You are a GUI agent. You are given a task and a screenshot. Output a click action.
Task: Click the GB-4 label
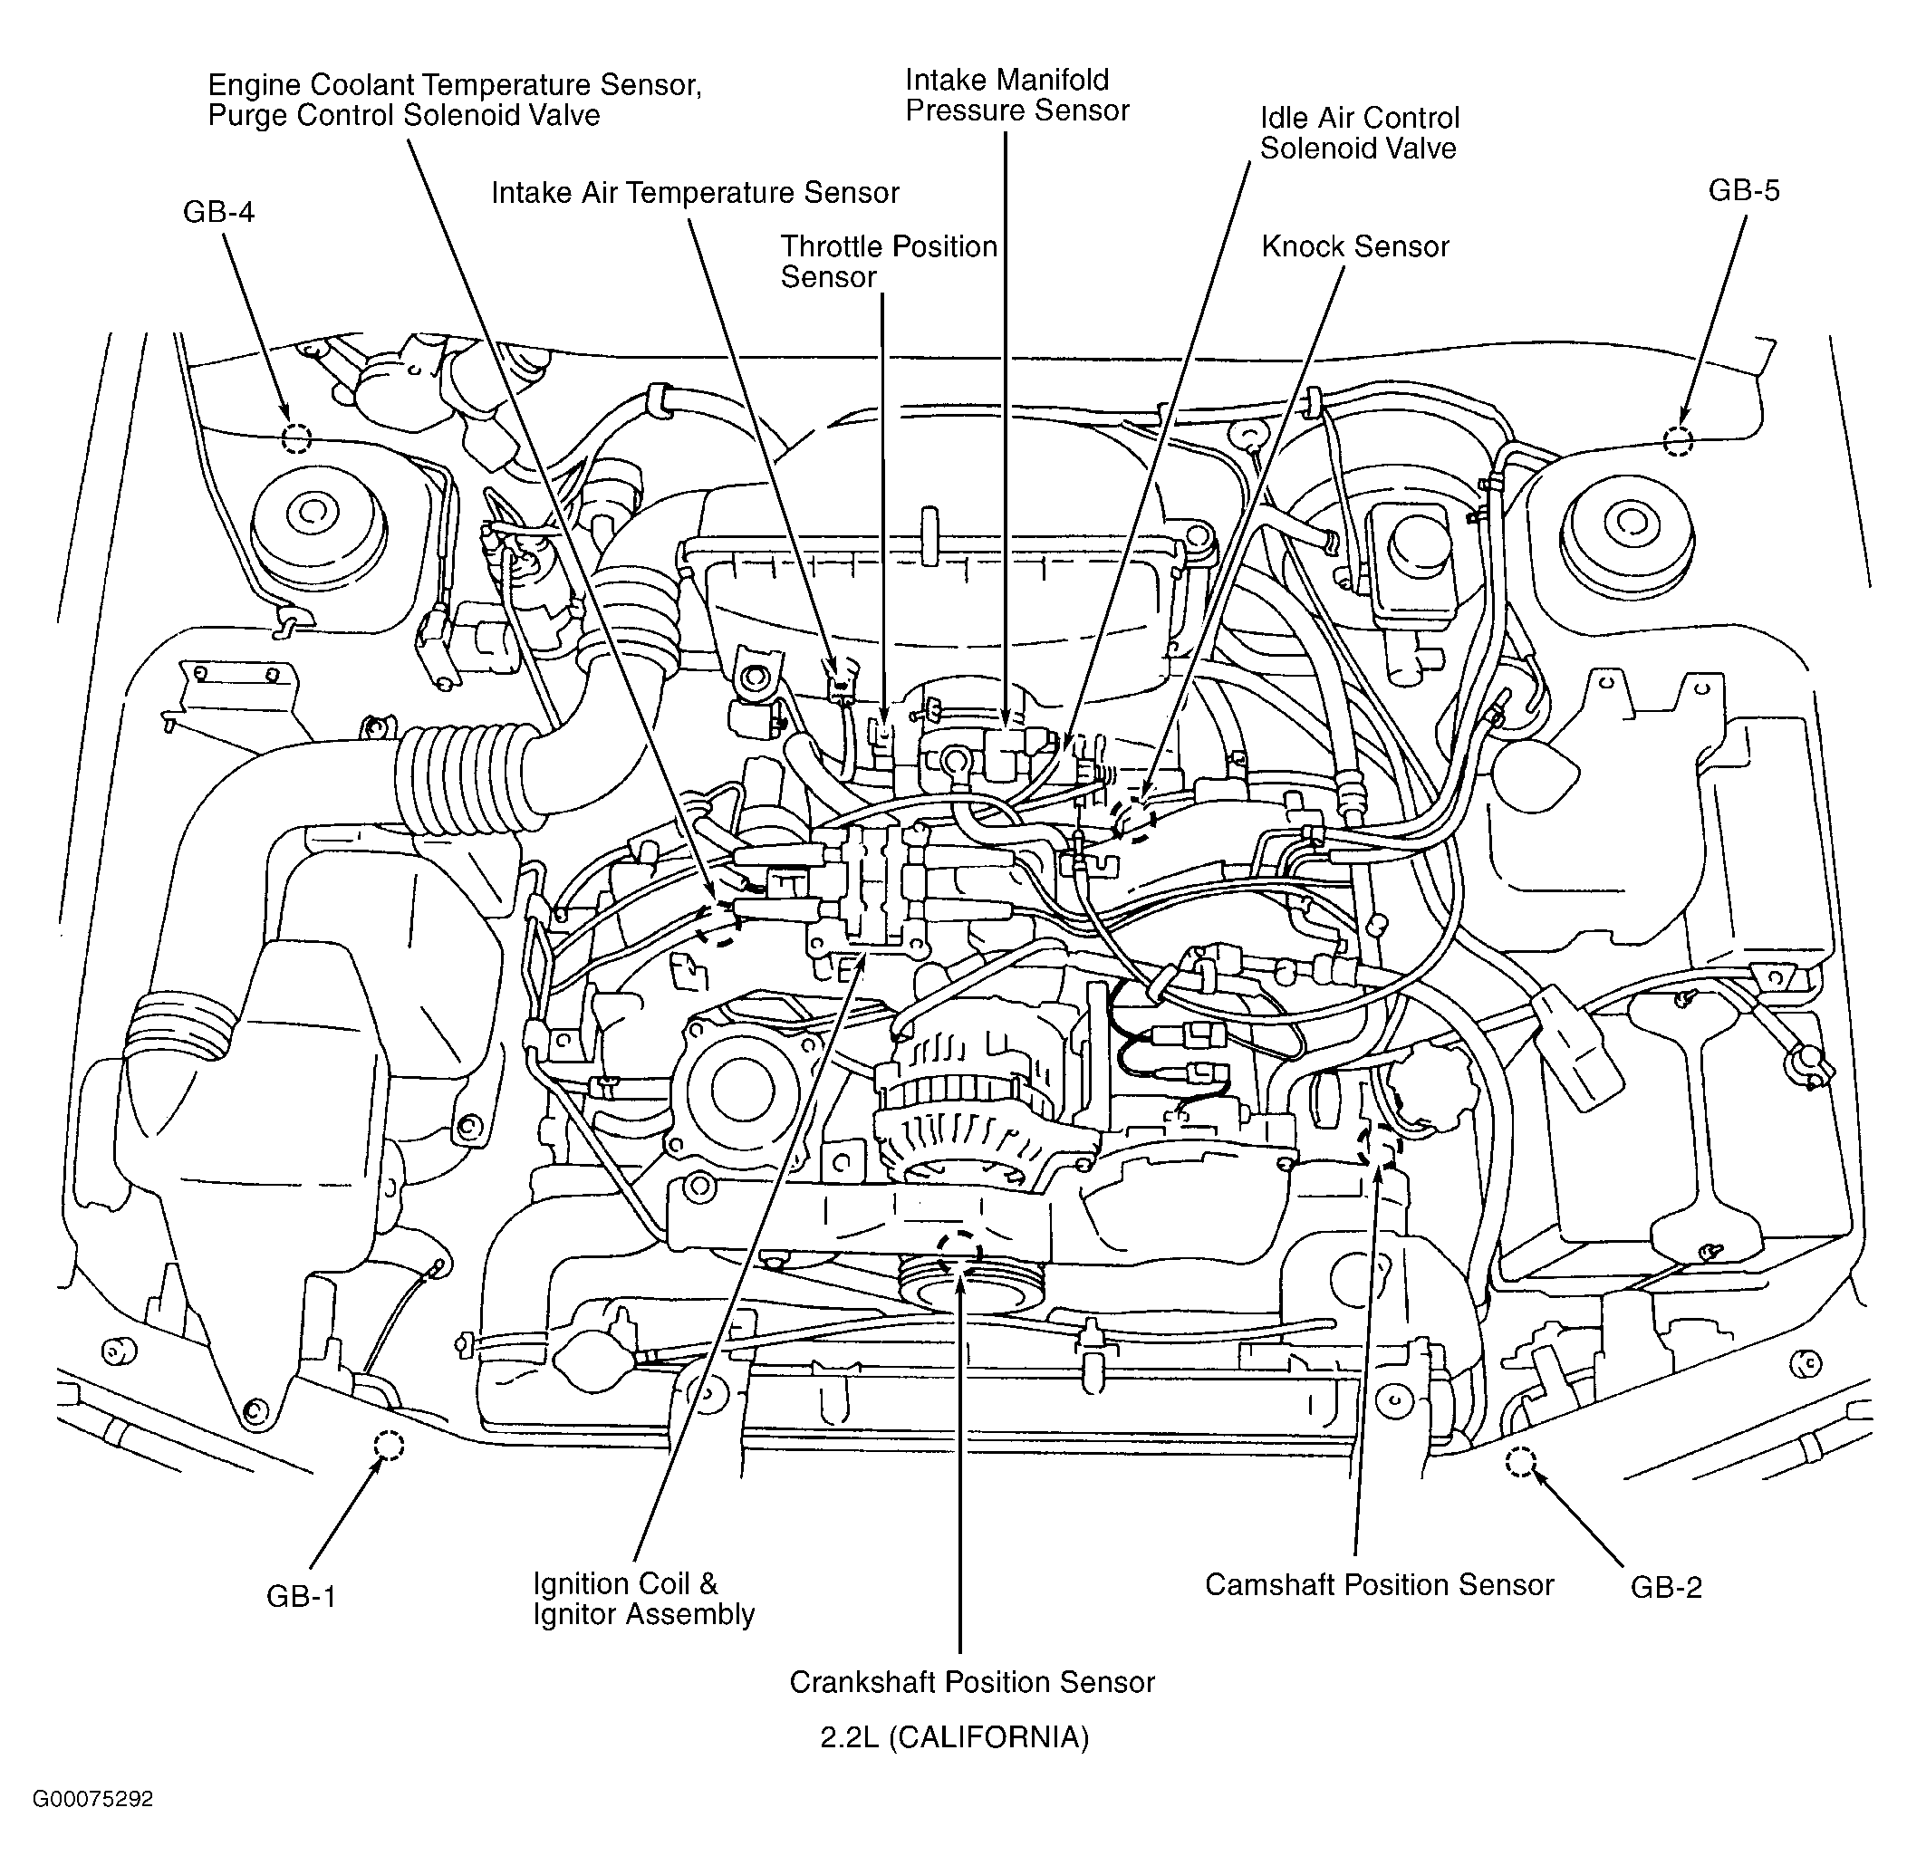pyautogui.click(x=218, y=212)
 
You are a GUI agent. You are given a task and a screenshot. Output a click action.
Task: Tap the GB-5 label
pyautogui.click(x=1744, y=190)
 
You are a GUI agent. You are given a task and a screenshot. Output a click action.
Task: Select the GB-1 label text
pyautogui.click(x=302, y=1595)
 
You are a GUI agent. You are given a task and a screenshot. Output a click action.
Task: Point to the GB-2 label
pyautogui.click(x=1666, y=1586)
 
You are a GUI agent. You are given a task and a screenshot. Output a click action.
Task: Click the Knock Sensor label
pyautogui.click(x=1355, y=246)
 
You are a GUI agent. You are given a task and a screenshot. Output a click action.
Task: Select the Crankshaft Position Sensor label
pyautogui.click(x=971, y=1681)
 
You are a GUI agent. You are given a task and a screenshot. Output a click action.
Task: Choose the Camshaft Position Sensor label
pyautogui.click(x=1379, y=1583)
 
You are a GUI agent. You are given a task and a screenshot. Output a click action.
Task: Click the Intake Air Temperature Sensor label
pyautogui.click(x=695, y=193)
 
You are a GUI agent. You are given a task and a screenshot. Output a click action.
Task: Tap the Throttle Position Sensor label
pyautogui.click(x=889, y=261)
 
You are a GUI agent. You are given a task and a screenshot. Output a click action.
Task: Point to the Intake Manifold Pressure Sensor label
pyautogui.click(x=1016, y=94)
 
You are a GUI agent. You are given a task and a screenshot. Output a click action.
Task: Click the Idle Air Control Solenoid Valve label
pyautogui.click(x=1359, y=133)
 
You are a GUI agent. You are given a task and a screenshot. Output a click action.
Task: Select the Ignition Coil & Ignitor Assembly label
pyautogui.click(x=643, y=1599)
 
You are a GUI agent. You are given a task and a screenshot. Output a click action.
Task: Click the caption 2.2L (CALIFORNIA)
pyautogui.click(x=955, y=1737)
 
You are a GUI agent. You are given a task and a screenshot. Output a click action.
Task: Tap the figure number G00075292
pyautogui.click(x=92, y=1799)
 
